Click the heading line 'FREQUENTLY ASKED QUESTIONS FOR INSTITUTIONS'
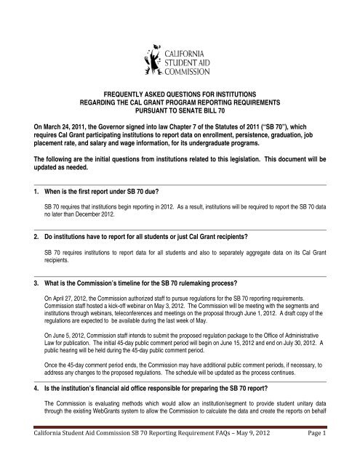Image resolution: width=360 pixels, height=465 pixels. click(180, 94)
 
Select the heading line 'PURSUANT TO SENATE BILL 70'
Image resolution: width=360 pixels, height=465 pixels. click(180, 112)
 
